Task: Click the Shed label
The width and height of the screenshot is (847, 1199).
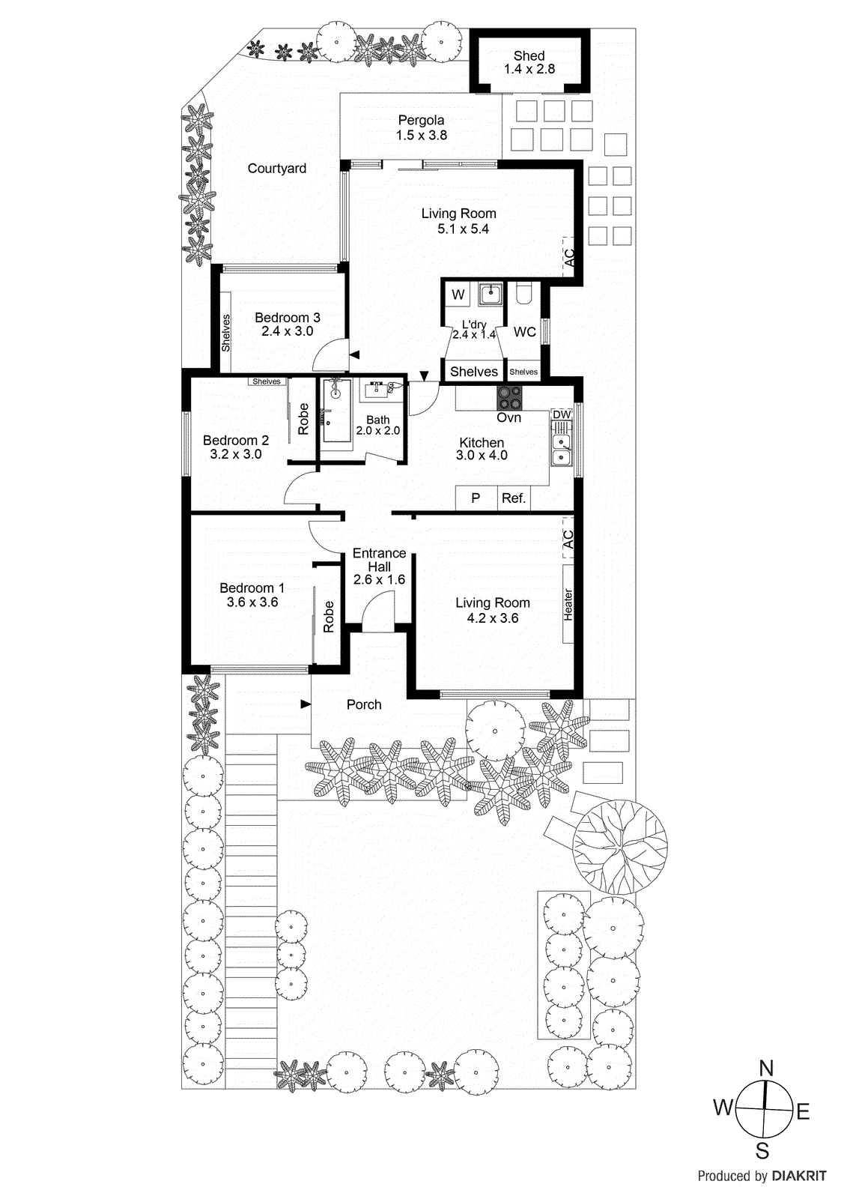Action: pos(529,55)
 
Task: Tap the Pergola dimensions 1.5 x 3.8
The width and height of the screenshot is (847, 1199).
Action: pos(422,136)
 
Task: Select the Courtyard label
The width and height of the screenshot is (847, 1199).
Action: pos(277,169)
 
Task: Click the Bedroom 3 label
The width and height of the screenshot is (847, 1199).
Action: pos(288,318)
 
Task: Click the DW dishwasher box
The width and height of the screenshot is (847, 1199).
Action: pos(562,414)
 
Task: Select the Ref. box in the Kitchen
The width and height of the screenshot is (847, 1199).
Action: pos(514,498)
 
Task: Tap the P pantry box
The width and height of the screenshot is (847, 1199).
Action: pos(476,498)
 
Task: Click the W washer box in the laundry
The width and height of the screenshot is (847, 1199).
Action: pos(458,295)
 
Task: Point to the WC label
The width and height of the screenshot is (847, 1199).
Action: pos(525,332)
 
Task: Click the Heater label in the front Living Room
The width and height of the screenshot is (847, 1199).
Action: pos(568,604)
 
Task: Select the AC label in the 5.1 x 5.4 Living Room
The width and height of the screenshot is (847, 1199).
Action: pos(569,259)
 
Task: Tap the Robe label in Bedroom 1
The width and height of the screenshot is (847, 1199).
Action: pos(329,617)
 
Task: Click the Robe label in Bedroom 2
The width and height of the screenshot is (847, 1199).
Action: pos(303,419)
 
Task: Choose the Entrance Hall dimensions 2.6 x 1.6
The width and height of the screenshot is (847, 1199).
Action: pos(379,579)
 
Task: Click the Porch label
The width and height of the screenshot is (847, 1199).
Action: pos(364,704)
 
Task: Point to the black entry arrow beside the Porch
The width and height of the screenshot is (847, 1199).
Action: pos(306,704)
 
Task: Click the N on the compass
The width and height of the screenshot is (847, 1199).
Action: pos(766,1069)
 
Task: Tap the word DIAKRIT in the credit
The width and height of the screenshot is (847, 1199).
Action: pos(799,1177)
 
